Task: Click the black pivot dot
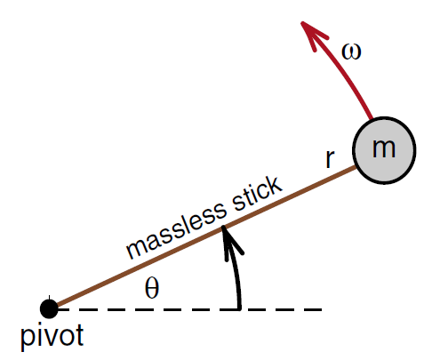49,309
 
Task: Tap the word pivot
52,337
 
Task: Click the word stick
257,194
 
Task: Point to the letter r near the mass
330,159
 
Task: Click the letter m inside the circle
384,148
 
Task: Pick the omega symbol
351,52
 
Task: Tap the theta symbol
152,288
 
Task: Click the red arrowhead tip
301,22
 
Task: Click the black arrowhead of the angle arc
224,227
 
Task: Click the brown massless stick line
205,237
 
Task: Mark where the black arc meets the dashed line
239,309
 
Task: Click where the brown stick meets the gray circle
356,168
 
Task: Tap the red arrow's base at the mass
372,119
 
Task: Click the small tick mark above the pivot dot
49,298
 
